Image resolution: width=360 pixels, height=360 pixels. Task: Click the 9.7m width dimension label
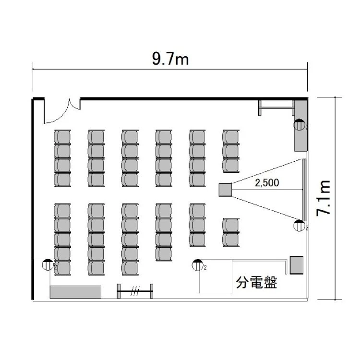(170, 59)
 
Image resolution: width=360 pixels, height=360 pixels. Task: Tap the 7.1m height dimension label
(323, 198)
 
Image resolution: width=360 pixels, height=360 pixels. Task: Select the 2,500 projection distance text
(267, 183)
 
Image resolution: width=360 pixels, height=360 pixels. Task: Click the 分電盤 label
(256, 282)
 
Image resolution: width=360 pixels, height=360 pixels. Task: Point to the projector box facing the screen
(225, 190)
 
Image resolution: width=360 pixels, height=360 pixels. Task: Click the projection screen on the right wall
(304, 190)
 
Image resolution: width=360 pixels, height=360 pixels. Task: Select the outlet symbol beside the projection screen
(300, 226)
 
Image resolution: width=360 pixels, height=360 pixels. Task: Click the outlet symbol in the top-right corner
(300, 125)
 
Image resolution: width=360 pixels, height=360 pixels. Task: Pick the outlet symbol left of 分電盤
(198, 265)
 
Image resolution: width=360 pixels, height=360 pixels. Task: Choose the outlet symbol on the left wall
(48, 264)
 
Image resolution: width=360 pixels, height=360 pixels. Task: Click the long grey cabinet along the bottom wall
(75, 292)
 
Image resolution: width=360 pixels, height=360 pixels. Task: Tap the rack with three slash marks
(135, 291)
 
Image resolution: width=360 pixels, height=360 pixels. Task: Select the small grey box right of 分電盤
(297, 265)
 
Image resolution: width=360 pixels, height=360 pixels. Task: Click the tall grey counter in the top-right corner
(301, 126)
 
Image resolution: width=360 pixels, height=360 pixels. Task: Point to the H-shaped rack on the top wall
(276, 108)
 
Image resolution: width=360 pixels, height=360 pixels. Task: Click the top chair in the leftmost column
(62, 137)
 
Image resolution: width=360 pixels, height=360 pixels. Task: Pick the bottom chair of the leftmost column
(62, 268)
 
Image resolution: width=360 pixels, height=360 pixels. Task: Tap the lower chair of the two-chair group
(231, 240)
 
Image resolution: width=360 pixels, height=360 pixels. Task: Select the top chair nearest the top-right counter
(231, 137)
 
